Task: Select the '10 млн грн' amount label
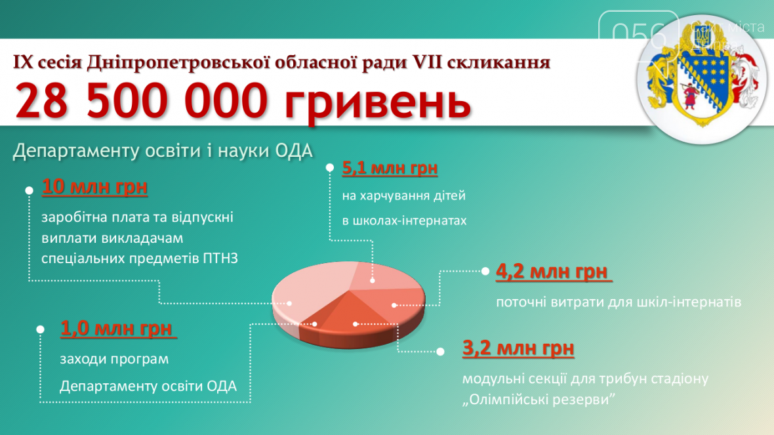[94, 186]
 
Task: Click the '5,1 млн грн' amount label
[390, 168]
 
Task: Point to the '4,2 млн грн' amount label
[553, 272]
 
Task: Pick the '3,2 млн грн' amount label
[518, 348]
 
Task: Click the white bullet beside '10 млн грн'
[29, 190]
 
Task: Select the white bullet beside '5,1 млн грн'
[330, 168]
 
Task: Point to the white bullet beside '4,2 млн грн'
[485, 271]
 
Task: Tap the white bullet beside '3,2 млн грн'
[440, 352]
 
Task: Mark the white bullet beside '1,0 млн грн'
[41, 329]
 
